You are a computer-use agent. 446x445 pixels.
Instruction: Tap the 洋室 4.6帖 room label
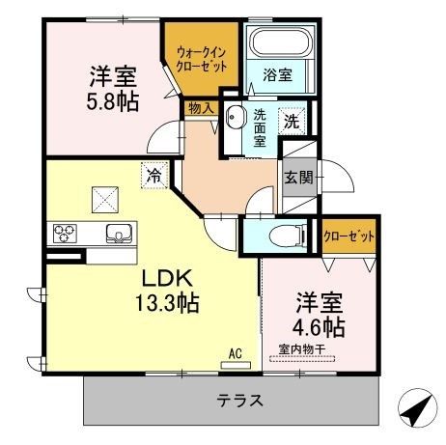[x=320, y=311]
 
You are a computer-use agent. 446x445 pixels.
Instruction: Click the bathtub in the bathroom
[x=275, y=44]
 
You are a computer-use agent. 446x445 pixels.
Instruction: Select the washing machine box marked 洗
[x=291, y=123]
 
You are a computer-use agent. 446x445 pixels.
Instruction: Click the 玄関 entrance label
[x=296, y=178]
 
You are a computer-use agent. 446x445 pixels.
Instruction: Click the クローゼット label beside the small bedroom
[x=348, y=235]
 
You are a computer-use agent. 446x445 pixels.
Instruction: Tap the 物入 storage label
[x=200, y=109]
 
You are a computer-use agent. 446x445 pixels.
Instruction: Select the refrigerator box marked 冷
[x=153, y=175]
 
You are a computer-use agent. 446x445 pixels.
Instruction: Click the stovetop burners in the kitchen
[x=65, y=233]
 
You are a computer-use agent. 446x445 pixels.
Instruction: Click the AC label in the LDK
[x=235, y=352]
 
